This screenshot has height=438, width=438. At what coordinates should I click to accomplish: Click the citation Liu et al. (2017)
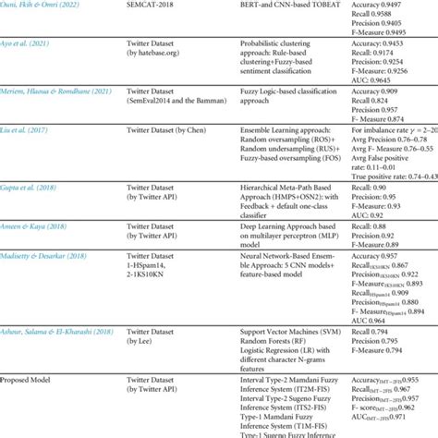tap(24, 136)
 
